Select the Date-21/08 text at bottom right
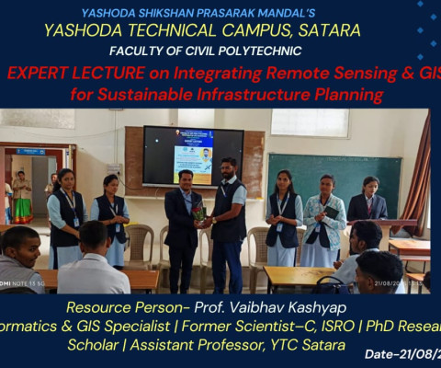point(401,354)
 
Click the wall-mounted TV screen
point(193,155)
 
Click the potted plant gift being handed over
point(198,212)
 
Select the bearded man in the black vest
point(227,212)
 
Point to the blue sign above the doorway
point(30,151)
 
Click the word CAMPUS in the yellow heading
point(250,30)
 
